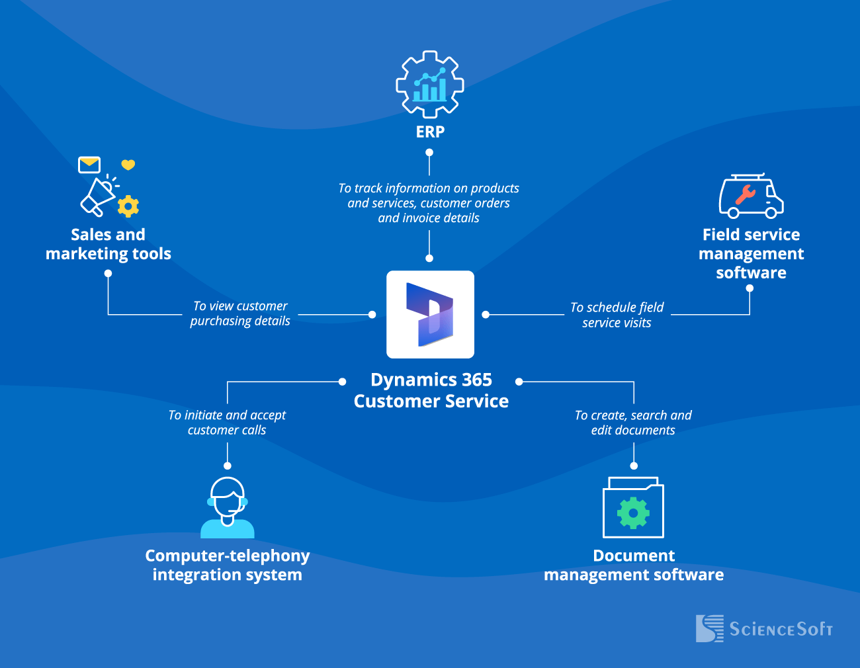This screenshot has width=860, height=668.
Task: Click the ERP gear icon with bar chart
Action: (430, 85)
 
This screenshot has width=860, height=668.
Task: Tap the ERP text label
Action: (430, 132)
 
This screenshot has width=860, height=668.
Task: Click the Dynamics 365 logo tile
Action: (430, 314)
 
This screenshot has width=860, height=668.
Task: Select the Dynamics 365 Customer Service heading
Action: (431, 390)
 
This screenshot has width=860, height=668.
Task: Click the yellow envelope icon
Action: (89, 165)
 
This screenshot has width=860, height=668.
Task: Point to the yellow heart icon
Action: (128, 165)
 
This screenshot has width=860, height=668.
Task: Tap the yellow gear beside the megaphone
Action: (128, 206)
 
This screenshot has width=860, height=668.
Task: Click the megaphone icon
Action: (98, 196)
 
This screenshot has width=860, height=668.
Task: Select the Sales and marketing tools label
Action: (108, 244)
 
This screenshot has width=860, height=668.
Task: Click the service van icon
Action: (751, 196)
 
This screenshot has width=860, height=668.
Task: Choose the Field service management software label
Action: (751, 253)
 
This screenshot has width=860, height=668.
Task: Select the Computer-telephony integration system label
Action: (227, 565)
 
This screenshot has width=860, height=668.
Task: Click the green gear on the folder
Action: (633, 513)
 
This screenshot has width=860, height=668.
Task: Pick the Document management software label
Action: (633, 565)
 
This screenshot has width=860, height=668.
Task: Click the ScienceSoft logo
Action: (764, 628)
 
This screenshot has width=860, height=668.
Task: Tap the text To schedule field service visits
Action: (617, 315)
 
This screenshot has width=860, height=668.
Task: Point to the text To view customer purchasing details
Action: (240, 313)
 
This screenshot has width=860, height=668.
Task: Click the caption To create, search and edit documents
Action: (633, 423)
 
